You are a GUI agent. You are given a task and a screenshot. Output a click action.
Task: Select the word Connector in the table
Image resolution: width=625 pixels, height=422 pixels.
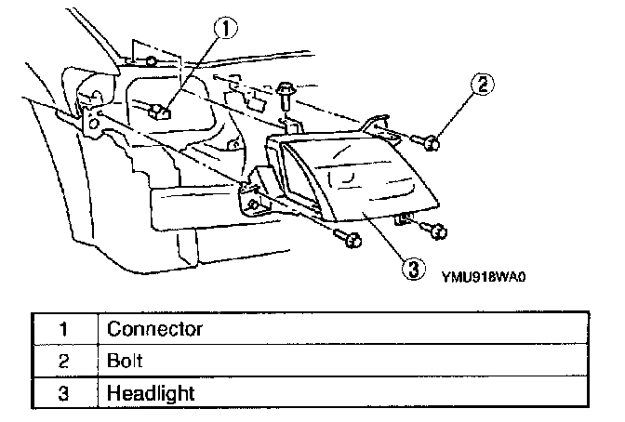(x=154, y=329)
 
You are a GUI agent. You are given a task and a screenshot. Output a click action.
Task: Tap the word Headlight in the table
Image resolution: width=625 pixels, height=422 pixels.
(x=151, y=393)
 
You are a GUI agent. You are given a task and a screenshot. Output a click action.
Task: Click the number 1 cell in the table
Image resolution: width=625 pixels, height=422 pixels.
(x=63, y=329)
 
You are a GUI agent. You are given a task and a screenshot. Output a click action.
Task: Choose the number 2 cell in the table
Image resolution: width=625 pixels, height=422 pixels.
(x=63, y=361)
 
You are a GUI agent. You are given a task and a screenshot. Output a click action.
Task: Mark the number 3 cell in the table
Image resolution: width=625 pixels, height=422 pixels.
(x=63, y=393)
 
